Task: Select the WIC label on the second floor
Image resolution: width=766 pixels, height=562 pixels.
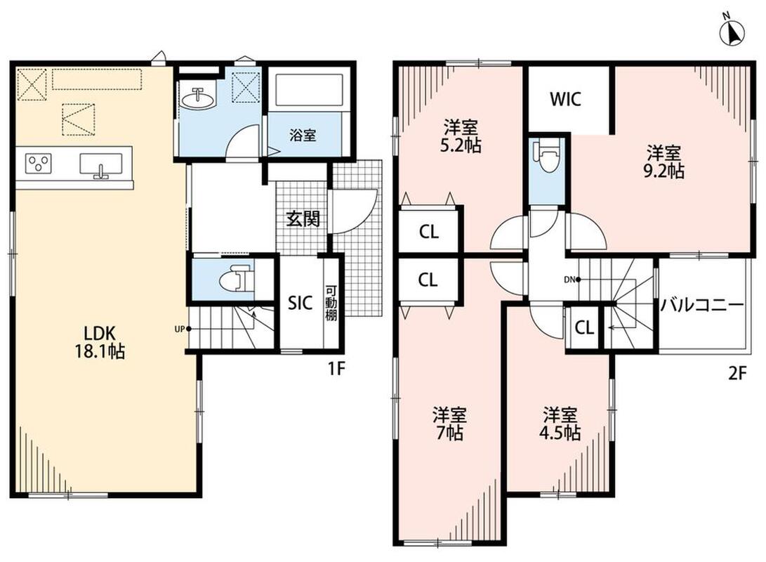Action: [x=566, y=99]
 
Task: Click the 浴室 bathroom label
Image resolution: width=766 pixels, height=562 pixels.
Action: [x=303, y=135]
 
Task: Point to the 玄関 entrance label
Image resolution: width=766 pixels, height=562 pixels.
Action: [x=303, y=218]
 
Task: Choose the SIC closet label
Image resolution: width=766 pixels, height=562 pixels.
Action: [x=300, y=303]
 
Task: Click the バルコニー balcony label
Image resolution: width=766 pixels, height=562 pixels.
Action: [x=702, y=306]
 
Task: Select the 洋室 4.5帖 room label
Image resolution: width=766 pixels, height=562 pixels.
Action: [x=561, y=424]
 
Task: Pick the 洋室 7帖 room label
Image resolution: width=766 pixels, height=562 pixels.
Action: [x=449, y=424]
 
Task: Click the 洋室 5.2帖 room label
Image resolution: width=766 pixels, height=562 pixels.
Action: [x=461, y=136]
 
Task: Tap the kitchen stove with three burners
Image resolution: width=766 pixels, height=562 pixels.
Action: [x=39, y=163]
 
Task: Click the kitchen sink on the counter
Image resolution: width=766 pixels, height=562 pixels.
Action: [x=100, y=165]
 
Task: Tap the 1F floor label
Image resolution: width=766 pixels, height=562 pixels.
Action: [x=337, y=369]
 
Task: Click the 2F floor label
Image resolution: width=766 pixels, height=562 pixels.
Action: [x=738, y=374]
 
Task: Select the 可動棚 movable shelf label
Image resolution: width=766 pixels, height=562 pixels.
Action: [x=331, y=303]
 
